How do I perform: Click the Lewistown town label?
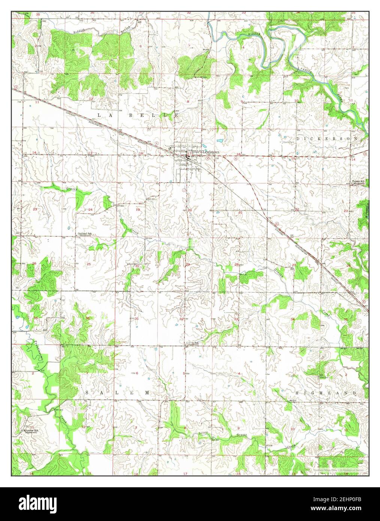pyautogui.click(x=211, y=151)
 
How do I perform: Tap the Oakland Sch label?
pyautogui.click(x=85, y=234)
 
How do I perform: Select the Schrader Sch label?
pyautogui.click(x=31, y=430)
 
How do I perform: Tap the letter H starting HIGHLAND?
pyautogui.click(x=297, y=392)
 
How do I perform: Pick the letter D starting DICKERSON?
pyautogui.click(x=298, y=138)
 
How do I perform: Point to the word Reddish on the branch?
pyautogui.click(x=79, y=32)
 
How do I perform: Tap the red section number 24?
pyautogui.click(x=90, y=210)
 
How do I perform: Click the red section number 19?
pyautogui.click(x=138, y=210)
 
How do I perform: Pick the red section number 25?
pyautogui.click(x=89, y=265)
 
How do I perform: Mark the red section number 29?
pyautogui.click(x=188, y=265)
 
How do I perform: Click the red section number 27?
pyautogui.click(x=294, y=265)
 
